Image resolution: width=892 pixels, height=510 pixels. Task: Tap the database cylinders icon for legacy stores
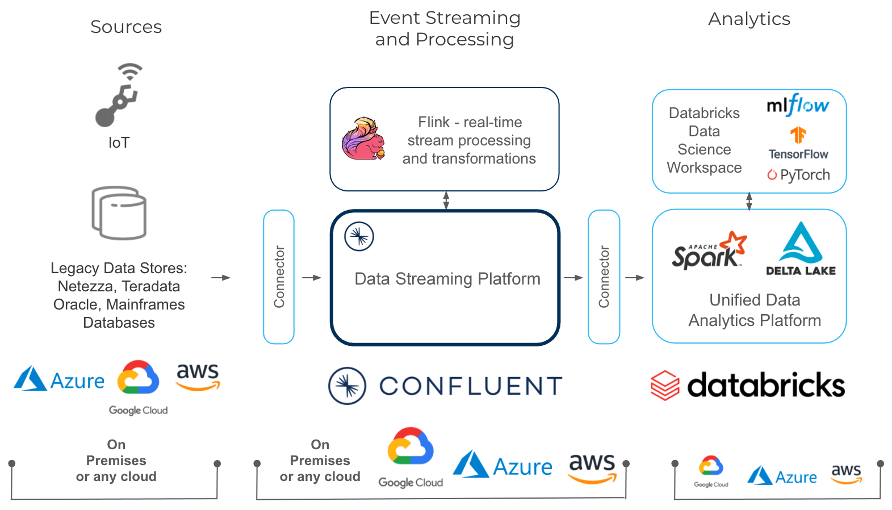click(119, 213)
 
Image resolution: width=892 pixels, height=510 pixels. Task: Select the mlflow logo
click(797, 105)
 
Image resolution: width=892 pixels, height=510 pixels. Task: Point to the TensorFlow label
click(798, 154)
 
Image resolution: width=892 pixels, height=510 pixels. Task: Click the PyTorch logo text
click(799, 175)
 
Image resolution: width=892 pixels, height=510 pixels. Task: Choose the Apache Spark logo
click(709, 250)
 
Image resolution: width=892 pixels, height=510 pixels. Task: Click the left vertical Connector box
click(279, 277)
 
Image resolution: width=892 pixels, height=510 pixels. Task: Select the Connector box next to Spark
click(604, 277)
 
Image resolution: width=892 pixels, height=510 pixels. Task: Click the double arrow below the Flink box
click(446, 200)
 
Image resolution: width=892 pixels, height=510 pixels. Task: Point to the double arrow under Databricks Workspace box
click(749, 201)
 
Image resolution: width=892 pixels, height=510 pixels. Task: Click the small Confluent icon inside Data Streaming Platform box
click(359, 236)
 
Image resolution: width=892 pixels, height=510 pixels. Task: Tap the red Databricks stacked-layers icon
click(665, 386)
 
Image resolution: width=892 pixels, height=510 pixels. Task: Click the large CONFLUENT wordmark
click(471, 386)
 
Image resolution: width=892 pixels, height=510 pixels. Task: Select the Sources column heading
click(126, 27)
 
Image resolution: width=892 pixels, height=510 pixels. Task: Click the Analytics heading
click(749, 19)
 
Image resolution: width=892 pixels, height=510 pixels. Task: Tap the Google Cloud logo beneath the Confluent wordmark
click(411, 457)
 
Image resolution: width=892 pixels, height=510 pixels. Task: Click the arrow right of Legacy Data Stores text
click(221, 278)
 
